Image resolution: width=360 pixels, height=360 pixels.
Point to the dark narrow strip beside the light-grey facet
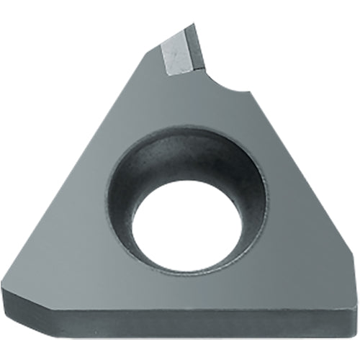click(194, 50)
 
